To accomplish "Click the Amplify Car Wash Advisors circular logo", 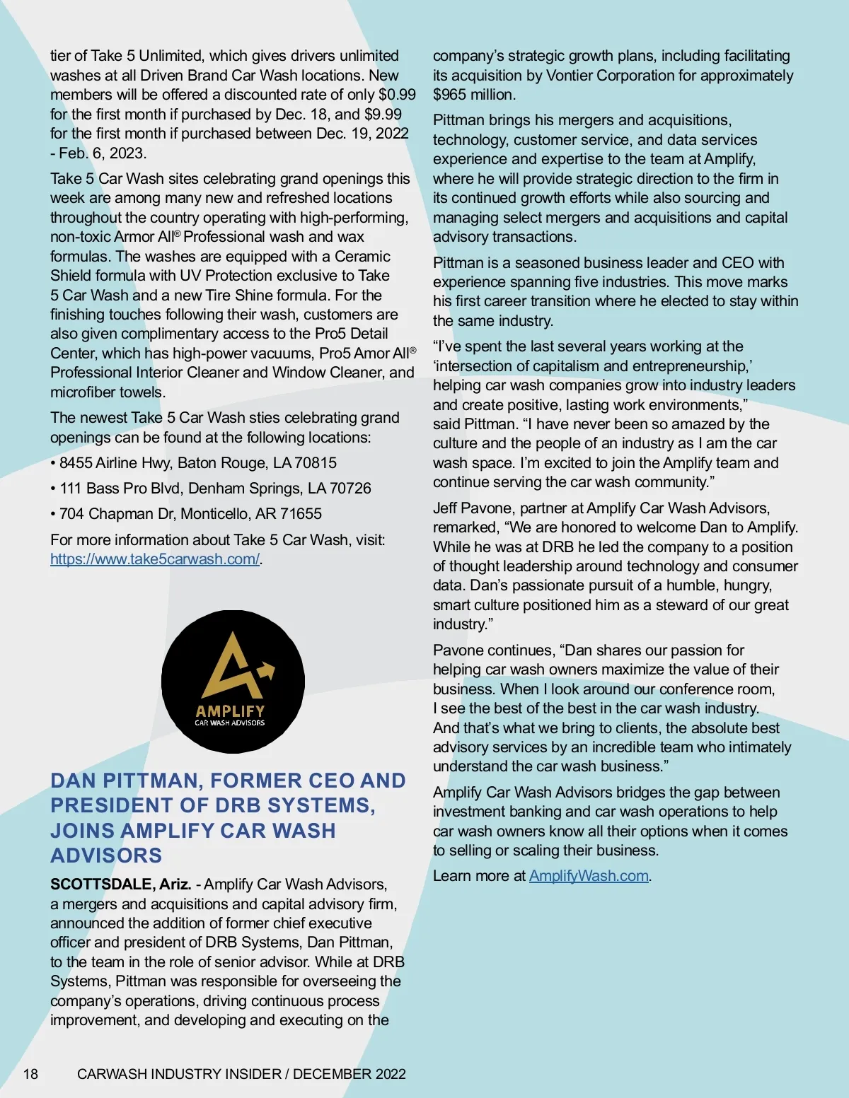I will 233,681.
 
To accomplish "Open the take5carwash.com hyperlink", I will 155,559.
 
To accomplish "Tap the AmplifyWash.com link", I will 589,876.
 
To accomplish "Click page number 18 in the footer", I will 30,1074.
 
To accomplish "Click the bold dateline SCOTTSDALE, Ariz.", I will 120,884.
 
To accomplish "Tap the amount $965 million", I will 473,95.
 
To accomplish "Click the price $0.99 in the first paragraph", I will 397,95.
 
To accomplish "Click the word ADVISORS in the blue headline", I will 106,855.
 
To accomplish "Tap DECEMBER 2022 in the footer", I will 349,1074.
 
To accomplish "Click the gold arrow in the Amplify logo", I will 265,669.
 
